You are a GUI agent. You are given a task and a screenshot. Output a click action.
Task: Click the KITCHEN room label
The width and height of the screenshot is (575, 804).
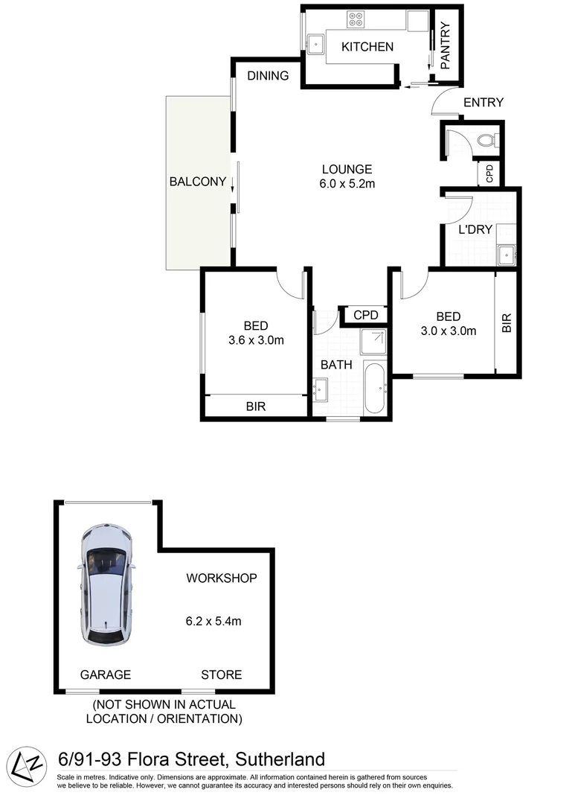(x=367, y=47)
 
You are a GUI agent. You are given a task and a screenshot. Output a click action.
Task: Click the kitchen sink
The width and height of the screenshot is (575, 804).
(x=317, y=42)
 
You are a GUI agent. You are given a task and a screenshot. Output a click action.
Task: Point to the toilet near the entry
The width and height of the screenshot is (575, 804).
(x=487, y=139)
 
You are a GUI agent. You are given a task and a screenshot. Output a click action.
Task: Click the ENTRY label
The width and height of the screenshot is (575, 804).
(x=483, y=103)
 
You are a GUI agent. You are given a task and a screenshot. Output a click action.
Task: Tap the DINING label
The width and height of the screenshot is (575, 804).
(x=268, y=75)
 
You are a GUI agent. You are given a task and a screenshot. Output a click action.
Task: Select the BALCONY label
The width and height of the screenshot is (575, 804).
(x=197, y=181)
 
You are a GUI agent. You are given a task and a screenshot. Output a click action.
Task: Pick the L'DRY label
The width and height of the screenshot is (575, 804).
(x=475, y=229)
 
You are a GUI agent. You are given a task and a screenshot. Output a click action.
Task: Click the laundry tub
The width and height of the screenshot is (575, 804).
(x=507, y=255)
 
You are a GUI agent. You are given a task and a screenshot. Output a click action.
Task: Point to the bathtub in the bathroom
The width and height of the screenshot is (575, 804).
(x=373, y=388)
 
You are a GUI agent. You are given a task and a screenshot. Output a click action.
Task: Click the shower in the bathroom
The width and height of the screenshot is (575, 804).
(x=373, y=342)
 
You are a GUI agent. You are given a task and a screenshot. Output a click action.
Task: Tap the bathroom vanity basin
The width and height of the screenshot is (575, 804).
(x=321, y=389)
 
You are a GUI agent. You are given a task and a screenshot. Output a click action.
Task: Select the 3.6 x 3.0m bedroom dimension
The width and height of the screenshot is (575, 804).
(x=256, y=340)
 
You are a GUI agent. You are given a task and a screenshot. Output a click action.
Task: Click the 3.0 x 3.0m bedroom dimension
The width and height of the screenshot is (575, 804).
(x=449, y=331)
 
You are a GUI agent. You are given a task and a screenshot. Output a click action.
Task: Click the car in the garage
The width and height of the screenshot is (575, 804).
(x=107, y=584)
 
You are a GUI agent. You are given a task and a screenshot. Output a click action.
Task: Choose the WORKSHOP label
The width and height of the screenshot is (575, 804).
(x=222, y=578)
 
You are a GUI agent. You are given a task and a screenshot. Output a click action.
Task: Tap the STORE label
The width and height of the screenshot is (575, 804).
(x=221, y=674)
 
